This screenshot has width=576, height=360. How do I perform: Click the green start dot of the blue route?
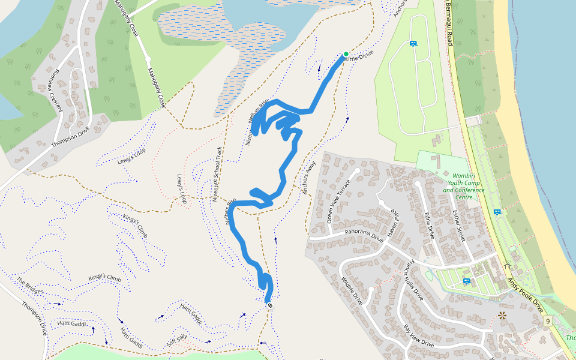[x=346, y=54]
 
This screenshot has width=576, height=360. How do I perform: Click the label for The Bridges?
[x=30, y=286]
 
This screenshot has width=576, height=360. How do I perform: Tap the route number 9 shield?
[x=548, y=322]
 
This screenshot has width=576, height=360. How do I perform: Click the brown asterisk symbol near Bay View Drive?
[x=502, y=315]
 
